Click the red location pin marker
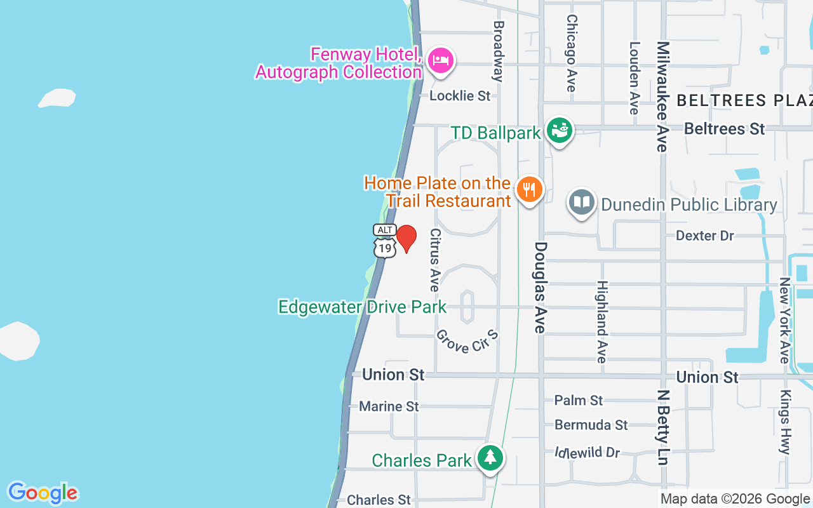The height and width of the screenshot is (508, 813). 406,237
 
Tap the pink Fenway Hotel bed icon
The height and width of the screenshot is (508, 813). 440,61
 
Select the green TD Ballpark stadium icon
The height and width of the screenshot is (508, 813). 560,131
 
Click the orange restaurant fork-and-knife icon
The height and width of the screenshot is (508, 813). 528,190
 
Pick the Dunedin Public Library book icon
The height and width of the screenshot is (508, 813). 581,203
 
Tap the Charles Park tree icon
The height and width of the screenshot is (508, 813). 490,458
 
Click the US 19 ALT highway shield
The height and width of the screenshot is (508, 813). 385,241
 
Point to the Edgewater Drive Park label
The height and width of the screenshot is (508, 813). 362,307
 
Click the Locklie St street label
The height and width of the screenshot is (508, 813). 460,96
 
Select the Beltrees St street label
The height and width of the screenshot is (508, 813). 724,129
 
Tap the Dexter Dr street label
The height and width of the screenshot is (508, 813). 704,236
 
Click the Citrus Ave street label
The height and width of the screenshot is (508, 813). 435,260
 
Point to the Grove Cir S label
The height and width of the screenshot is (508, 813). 467,341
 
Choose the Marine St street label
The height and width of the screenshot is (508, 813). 389,406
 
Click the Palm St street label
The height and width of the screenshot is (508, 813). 578,400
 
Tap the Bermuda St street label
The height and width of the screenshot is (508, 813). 591,425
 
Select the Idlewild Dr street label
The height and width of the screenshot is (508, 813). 586,452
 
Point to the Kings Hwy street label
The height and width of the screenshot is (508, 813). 786,422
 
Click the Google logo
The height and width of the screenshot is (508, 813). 43,493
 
